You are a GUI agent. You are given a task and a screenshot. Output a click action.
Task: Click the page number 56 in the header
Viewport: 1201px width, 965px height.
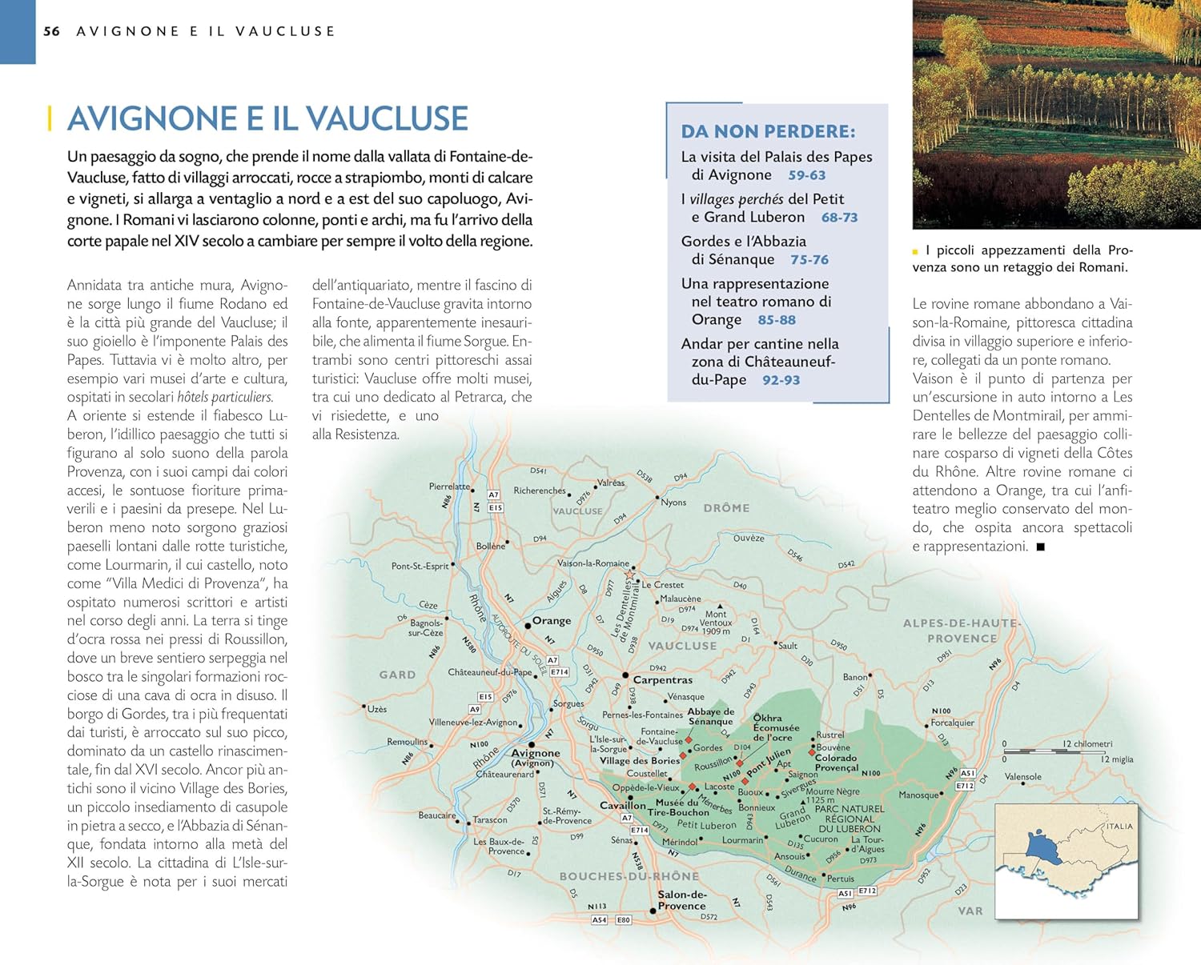(x=51, y=31)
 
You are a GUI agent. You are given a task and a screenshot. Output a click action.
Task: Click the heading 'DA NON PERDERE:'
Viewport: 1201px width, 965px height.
(x=768, y=131)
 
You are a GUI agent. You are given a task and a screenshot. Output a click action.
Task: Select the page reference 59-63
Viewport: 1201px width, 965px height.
(x=806, y=175)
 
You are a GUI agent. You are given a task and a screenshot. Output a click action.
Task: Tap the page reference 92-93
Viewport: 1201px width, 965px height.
(x=781, y=380)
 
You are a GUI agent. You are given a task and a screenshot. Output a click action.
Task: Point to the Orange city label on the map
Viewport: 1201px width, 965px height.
(x=552, y=620)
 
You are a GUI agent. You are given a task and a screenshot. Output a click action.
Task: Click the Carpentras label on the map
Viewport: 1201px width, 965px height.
(x=663, y=679)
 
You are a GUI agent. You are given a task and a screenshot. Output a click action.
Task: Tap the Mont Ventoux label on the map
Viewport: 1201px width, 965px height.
(x=716, y=619)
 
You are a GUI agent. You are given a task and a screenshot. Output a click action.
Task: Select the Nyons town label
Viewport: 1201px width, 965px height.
(x=673, y=503)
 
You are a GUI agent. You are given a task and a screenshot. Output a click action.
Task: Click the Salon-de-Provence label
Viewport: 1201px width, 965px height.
(x=682, y=900)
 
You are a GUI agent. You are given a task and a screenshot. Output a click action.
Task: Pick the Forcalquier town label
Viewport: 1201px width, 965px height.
(x=952, y=723)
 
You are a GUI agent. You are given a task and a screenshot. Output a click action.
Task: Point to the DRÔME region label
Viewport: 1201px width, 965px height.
(x=726, y=508)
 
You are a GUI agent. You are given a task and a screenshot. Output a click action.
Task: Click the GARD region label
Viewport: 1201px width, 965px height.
(x=397, y=675)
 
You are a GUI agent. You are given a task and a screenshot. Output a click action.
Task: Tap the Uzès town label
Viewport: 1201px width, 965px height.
(x=376, y=709)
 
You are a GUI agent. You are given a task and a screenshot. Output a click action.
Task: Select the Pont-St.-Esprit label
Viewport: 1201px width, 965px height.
(x=420, y=566)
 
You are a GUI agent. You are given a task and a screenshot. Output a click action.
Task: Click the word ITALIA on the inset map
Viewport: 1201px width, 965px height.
(x=1119, y=826)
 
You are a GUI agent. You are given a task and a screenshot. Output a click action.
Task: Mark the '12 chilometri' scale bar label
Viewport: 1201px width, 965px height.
(x=1087, y=743)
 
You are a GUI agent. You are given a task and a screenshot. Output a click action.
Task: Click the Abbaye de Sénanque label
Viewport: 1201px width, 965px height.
(x=710, y=716)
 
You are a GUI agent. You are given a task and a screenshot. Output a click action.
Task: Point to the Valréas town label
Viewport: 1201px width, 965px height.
(x=611, y=482)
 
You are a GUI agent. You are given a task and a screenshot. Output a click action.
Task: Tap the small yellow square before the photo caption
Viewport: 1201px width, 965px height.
(x=915, y=251)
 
